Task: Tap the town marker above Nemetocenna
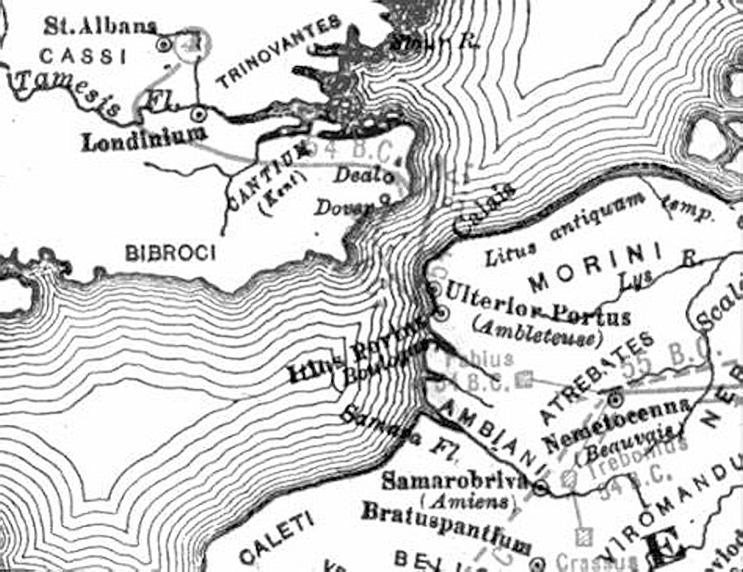click(613, 399)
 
